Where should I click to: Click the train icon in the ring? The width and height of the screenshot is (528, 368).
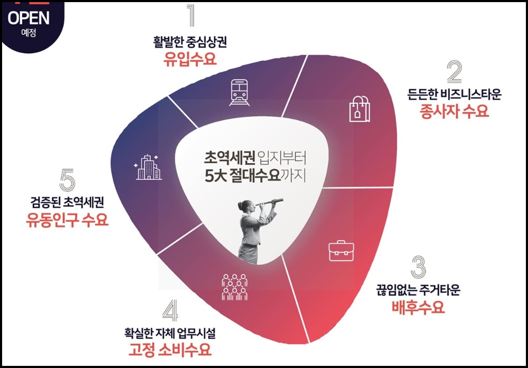pos(241,93)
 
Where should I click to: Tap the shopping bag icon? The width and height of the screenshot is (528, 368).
pos(360,108)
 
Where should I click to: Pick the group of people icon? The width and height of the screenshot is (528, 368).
pos(234,287)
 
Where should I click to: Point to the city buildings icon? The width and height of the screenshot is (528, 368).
pos(148,167)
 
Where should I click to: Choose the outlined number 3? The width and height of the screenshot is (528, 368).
pos(418,268)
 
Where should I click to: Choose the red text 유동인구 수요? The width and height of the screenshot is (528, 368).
pos(67,219)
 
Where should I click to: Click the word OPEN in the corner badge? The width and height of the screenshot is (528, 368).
pos(29,18)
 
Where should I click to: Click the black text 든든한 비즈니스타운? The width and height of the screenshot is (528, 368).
pos(454,95)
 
